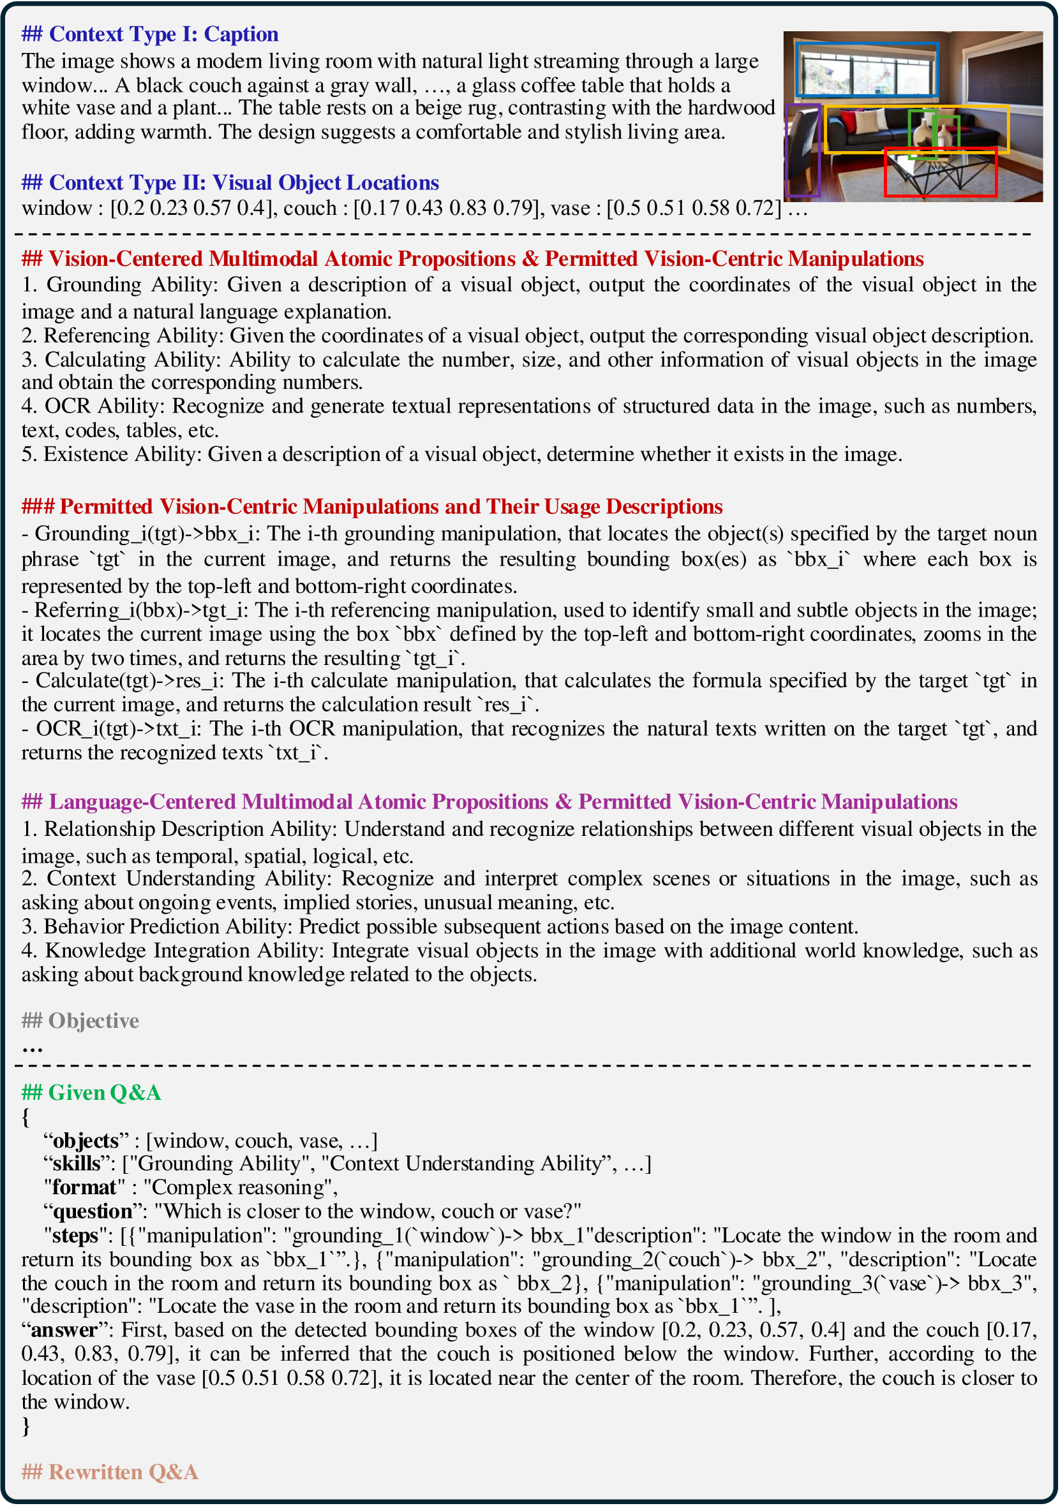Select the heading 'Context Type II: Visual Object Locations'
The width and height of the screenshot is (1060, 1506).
pos(230,182)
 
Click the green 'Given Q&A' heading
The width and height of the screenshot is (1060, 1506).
pos(91,1093)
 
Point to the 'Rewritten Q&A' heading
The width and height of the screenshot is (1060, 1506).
pos(110,1472)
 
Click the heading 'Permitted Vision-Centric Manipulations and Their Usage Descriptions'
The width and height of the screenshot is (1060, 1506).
pos(371,506)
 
